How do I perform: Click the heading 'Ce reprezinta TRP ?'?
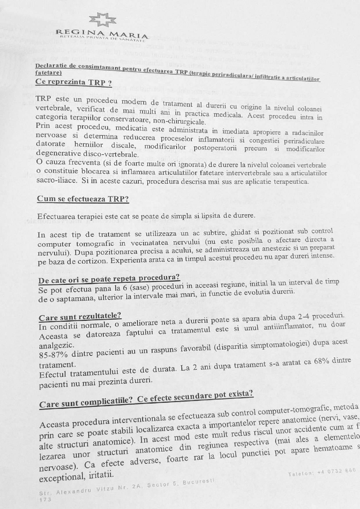tap(73, 82)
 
